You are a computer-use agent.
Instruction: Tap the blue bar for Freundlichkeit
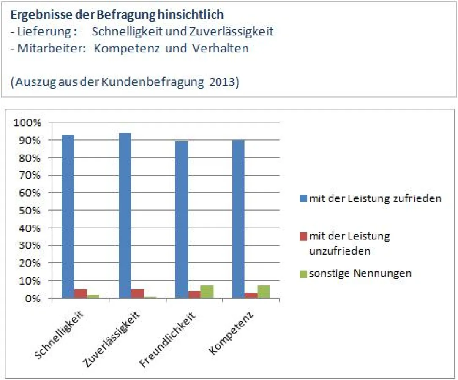(x=182, y=220)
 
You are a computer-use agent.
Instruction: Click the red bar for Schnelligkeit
(x=81, y=293)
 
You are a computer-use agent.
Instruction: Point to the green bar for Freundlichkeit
(x=207, y=292)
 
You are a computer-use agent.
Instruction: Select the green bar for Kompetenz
(x=264, y=292)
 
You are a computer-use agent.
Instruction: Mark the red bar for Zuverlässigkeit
(x=137, y=293)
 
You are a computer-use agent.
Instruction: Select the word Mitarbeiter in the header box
(x=41, y=48)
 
